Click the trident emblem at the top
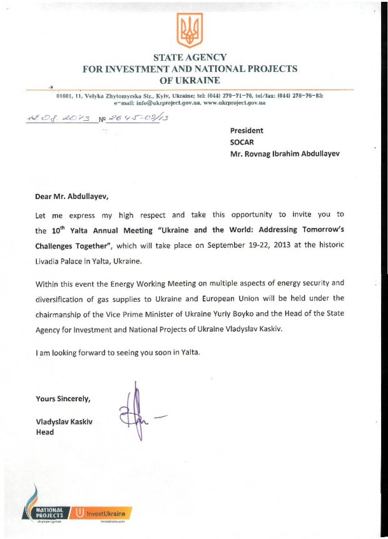click(x=190, y=30)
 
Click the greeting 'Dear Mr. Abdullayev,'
click(x=76, y=196)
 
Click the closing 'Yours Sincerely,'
click(x=63, y=399)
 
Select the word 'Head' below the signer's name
click(x=45, y=433)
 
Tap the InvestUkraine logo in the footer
click(x=103, y=513)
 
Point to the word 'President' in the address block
click(x=247, y=131)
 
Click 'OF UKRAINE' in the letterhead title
click(x=190, y=80)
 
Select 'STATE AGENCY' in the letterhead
click(x=190, y=58)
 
